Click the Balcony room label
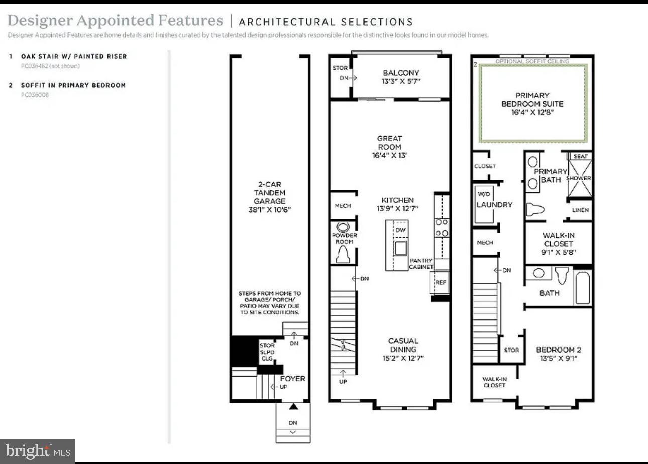click(x=400, y=73)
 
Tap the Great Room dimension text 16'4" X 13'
click(x=390, y=156)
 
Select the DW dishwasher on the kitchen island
click(x=400, y=230)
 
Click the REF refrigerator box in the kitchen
click(x=441, y=283)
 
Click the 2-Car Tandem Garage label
click(x=269, y=197)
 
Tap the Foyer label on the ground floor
click(x=292, y=379)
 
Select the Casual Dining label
click(x=403, y=345)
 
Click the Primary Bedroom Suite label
click(x=532, y=99)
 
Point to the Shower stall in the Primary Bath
click(x=579, y=179)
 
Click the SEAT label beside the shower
click(x=580, y=156)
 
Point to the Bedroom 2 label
click(x=558, y=350)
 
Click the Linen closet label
click(x=580, y=210)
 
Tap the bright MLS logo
click(x=38, y=451)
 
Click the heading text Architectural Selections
click(x=326, y=22)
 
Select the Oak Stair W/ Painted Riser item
click(x=73, y=56)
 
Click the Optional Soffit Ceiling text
click(x=532, y=61)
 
